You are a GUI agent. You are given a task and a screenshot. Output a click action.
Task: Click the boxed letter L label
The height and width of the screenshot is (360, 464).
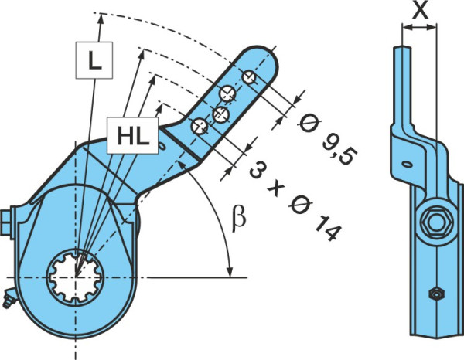pyautogui.click(x=94, y=60)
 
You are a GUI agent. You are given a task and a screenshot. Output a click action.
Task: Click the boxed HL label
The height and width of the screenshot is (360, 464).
pyautogui.click(x=132, y=136)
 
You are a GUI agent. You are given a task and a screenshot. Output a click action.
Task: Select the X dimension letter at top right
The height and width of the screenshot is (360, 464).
pyautogui.click(x=420, y=12)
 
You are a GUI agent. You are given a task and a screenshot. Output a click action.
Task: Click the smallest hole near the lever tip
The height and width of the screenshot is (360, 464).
pyautogui.click(x=249, y=76)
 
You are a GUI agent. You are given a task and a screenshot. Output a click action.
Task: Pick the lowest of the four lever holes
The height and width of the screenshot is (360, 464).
pyautogui.click(x=200, y=126)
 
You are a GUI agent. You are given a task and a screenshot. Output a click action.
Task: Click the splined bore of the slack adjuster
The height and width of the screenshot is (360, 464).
pyautogui.click(x=76, y=277)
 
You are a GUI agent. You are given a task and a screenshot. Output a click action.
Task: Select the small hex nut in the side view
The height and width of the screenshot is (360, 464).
pyautogui.click(x=437, y=294)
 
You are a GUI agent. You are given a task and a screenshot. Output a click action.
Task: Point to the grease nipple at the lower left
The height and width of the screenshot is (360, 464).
pyautogui.click(x=8, y=300)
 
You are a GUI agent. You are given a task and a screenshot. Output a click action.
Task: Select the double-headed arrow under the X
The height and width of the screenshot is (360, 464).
pyautogui.click(x=419, y=28)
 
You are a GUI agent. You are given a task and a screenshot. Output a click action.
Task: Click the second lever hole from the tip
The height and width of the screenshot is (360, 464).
pyautogui.click(x=227, y=93)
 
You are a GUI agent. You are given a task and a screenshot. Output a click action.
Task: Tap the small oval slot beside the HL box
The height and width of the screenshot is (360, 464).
pyautogui.click(x=162, y=146)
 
